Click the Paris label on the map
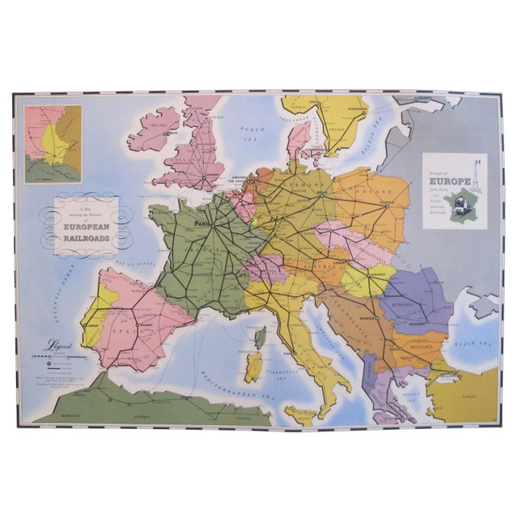point(199,227)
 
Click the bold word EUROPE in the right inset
point(446,172)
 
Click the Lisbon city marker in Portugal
point(85,325)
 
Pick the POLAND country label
point(373,193)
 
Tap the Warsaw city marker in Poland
point(388,206)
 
